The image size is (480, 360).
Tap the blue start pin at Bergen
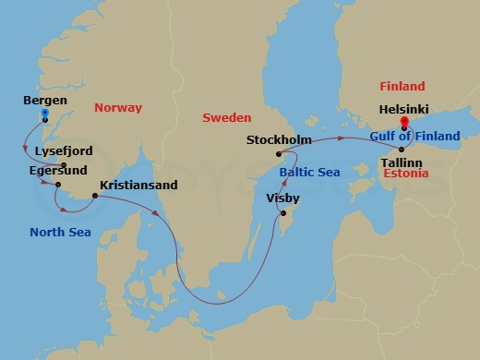click(44, 114)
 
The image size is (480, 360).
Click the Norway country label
click(118, 108)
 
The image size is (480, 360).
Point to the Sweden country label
click(227, 117)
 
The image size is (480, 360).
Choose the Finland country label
click(402, 87)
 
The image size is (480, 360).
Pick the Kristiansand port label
click(138, 185)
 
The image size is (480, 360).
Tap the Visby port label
click(282, 197)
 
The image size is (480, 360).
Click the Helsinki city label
click(405, 108)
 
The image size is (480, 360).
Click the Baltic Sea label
click(310, 172)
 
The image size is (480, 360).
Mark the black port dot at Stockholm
click(277, 153)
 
